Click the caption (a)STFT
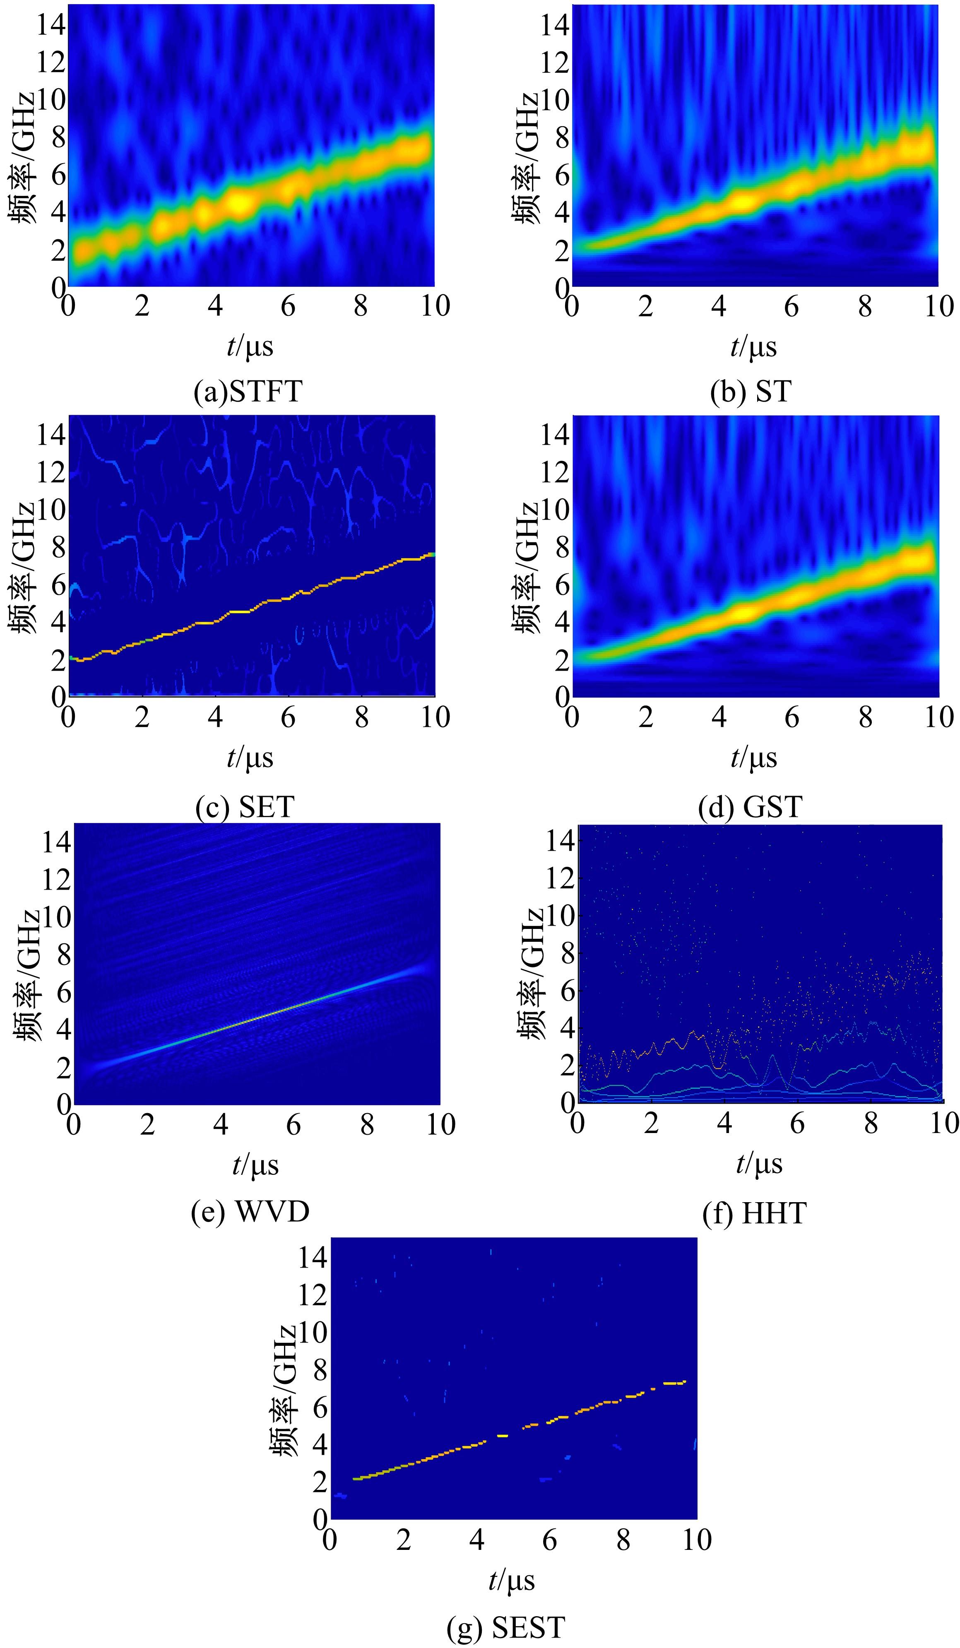[248, 391]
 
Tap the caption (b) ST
[751, 391]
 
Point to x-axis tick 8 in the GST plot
[864, 717]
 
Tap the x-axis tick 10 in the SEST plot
[696, 1540]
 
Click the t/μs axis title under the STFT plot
[250, 346]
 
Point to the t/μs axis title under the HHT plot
[758, 1163]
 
